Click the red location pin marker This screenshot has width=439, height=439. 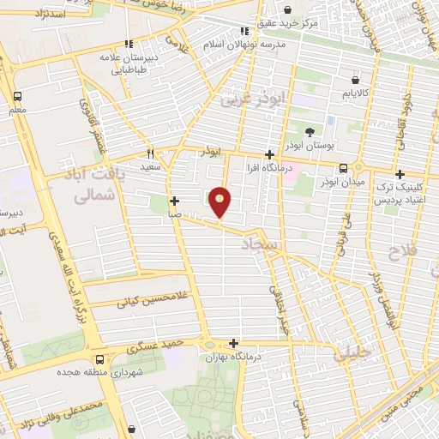[221, 201]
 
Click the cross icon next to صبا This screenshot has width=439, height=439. [175, 201]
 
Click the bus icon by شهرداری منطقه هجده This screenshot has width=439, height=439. [101, 359]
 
